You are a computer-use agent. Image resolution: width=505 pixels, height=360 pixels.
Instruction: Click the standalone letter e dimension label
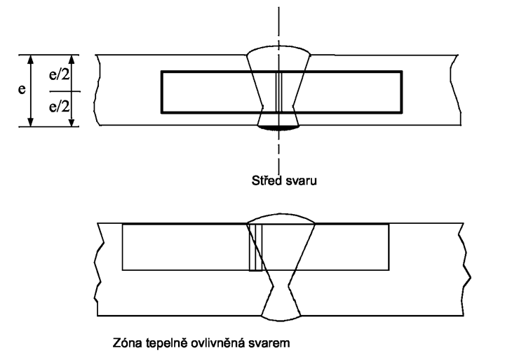[x=22, y=89]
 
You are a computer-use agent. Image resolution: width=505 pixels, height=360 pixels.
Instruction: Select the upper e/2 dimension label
[x=59, y=75]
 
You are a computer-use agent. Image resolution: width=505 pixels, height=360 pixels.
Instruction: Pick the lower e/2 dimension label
[x=59, y=106]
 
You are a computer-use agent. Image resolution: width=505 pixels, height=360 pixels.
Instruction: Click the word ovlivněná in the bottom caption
[x=218, y=342]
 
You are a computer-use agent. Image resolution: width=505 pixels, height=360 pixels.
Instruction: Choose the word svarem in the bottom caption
[x=269, y=344]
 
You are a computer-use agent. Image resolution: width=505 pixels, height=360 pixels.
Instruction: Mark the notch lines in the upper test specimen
[x=279, y=92]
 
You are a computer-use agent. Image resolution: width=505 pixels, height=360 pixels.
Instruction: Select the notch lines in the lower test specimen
[x=256, y=247]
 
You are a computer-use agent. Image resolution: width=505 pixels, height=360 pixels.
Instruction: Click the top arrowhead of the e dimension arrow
[x=30, y=60]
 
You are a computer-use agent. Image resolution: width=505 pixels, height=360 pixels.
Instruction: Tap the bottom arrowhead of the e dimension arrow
[x=30, y=121]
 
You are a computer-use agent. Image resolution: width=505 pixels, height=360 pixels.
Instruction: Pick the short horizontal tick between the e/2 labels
[x=65, y=91]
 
